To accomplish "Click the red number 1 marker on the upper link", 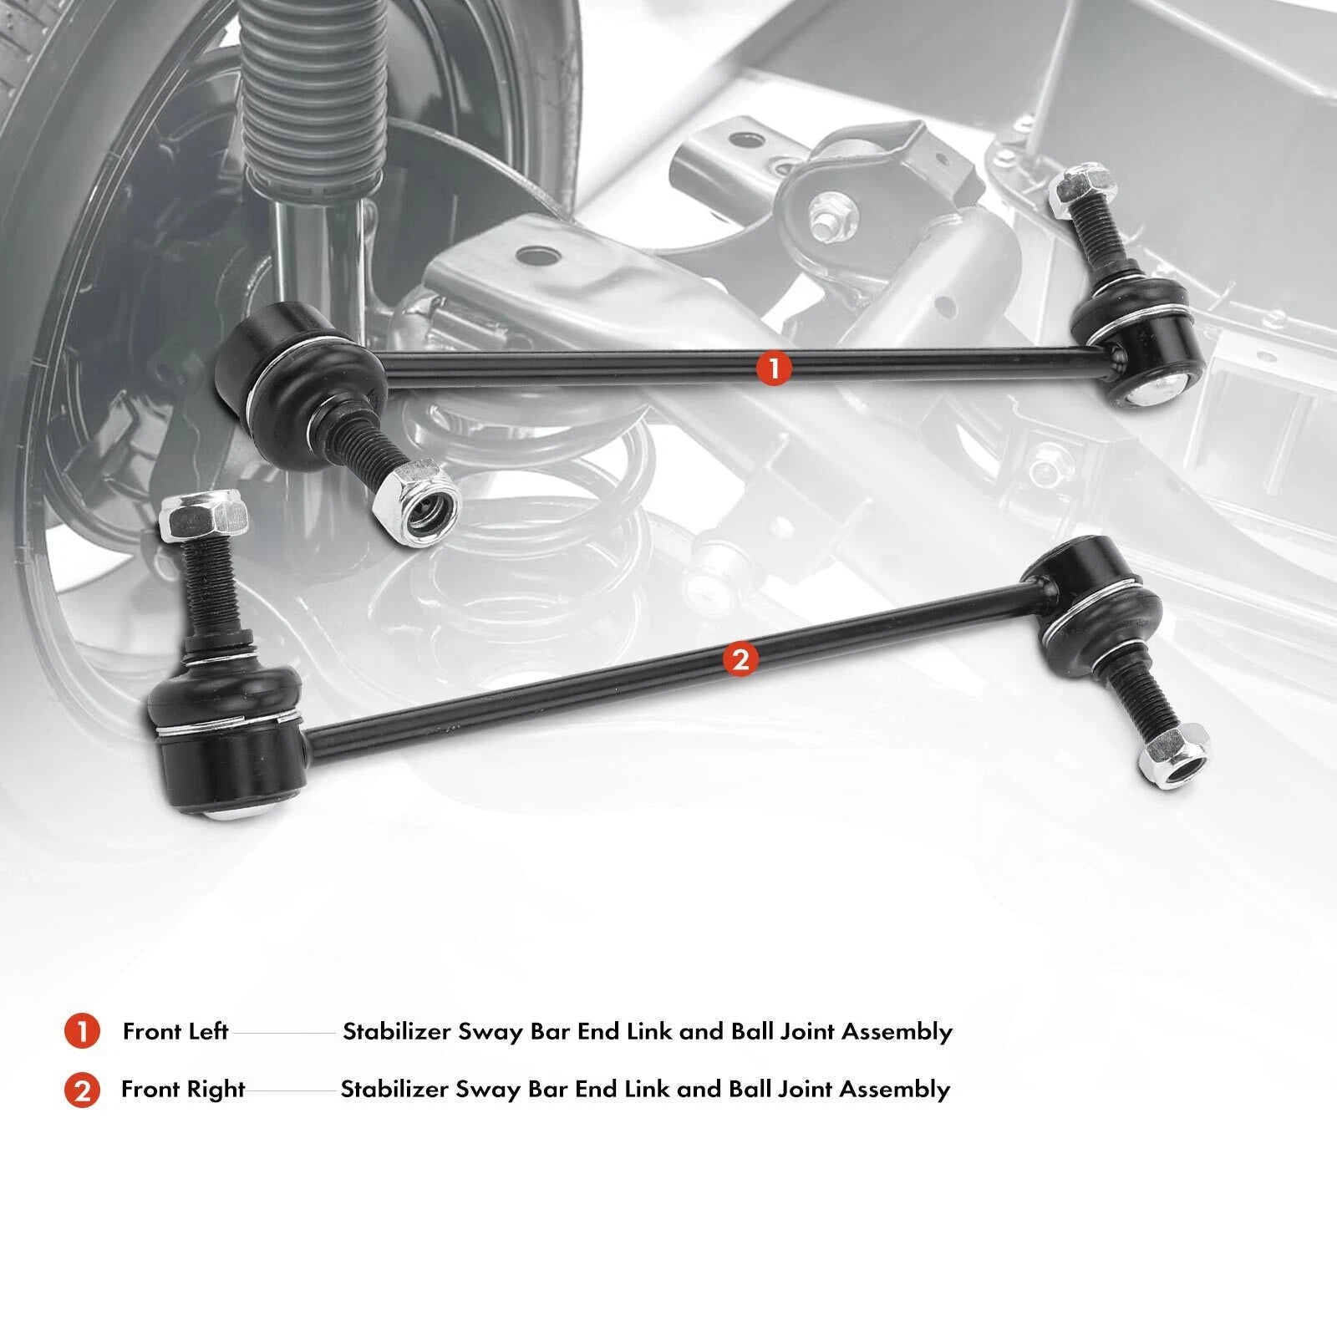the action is click(774, 368).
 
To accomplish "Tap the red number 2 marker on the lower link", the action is click(741, 659).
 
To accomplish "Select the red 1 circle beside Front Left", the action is click(82, 1032).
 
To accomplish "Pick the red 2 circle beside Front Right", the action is click(82, 1090).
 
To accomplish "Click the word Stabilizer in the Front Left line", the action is click(397, 1032).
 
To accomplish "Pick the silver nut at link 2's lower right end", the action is click(1175, 755).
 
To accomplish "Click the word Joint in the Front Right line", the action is click(801, 1090).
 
